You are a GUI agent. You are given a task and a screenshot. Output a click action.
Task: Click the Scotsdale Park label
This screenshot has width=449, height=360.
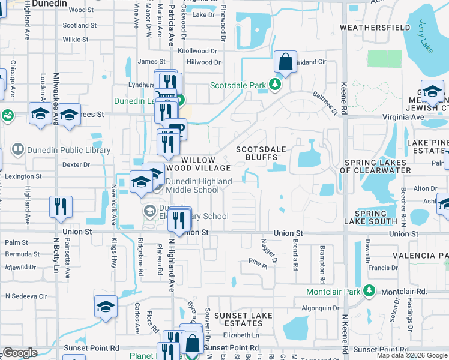[x=238, y=85]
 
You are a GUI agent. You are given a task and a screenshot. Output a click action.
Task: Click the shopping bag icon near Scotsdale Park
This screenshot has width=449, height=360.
[x=286, y=62]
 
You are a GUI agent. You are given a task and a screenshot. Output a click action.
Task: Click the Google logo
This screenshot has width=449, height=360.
[x=20, y=353]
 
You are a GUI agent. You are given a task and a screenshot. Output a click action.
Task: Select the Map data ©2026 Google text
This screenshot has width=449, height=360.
[x=412, y=355]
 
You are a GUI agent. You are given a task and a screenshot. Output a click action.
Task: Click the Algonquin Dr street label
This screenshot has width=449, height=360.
[x=320, y=308]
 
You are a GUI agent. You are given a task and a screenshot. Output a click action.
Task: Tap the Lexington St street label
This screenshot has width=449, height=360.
[x=21, y=177]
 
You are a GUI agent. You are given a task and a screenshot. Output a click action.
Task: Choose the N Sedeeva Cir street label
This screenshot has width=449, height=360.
[x=26, y=296]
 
